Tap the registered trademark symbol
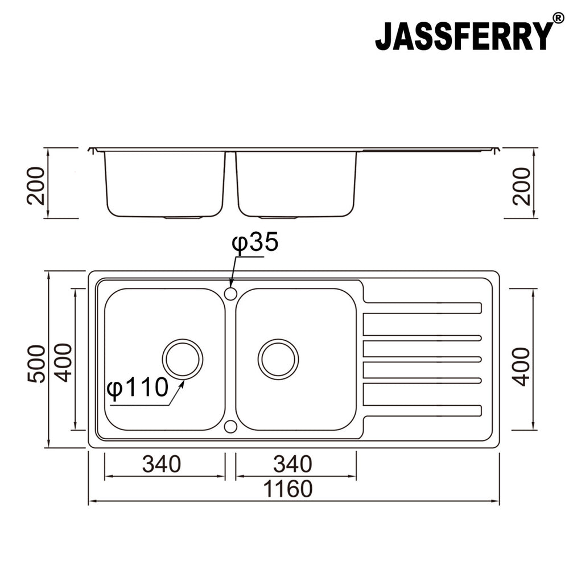click(558, 20)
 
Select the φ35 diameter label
click(254, 243)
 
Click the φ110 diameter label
click(138, 388)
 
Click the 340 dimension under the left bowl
click(162, 464)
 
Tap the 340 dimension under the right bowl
click(292, 464)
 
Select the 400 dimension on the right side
click(521, 366)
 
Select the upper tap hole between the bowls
click(230, 294)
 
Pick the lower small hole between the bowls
click(230, 426)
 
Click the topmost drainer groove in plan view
click(422, 308)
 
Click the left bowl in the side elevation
click(164, 183)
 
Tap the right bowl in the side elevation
click(296, 183)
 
